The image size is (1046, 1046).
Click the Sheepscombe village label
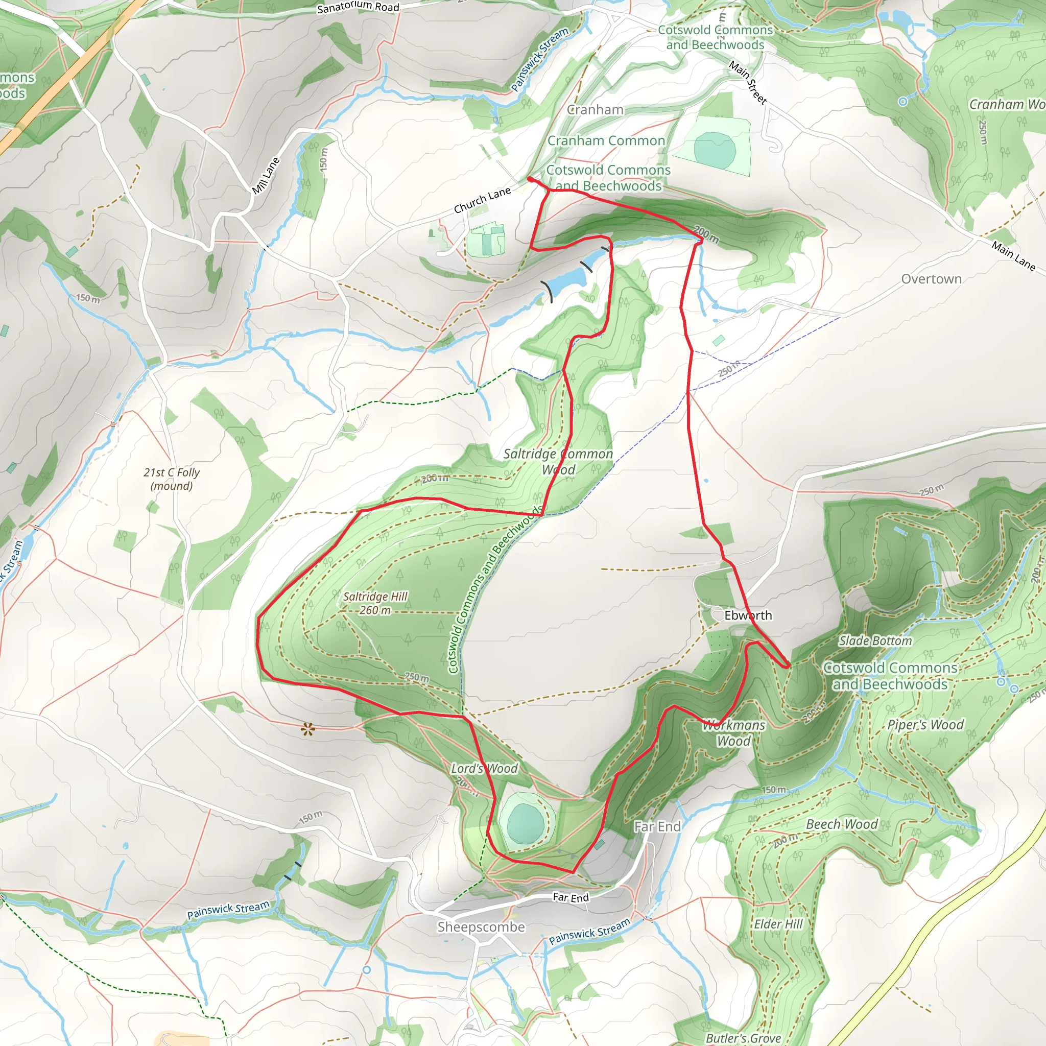pos(481,927)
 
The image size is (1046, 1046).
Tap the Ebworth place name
pos(748,615)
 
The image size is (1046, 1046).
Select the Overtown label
pos(931,279)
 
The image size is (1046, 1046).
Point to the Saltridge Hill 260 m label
pos(375,603)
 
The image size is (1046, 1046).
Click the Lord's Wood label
pos(484,768)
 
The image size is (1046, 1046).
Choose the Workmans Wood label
pos(733,732)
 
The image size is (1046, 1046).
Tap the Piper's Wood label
pos(925,724)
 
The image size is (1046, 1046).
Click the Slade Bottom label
pos(875,641)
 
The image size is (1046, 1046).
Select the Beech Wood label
pos(841,824)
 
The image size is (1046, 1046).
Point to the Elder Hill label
pos(778,923)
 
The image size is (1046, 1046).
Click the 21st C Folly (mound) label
pos(172,479)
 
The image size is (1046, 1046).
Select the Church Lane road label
pos(482,200)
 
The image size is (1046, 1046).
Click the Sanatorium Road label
pos(358,7)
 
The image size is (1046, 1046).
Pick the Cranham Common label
pos(606,141)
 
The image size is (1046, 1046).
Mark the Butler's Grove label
pos(743,1038)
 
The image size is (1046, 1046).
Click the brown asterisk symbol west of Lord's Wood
pos(307,730)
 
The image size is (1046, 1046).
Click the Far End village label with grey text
pos(657,826)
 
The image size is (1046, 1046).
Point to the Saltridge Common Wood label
pos(558,461)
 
